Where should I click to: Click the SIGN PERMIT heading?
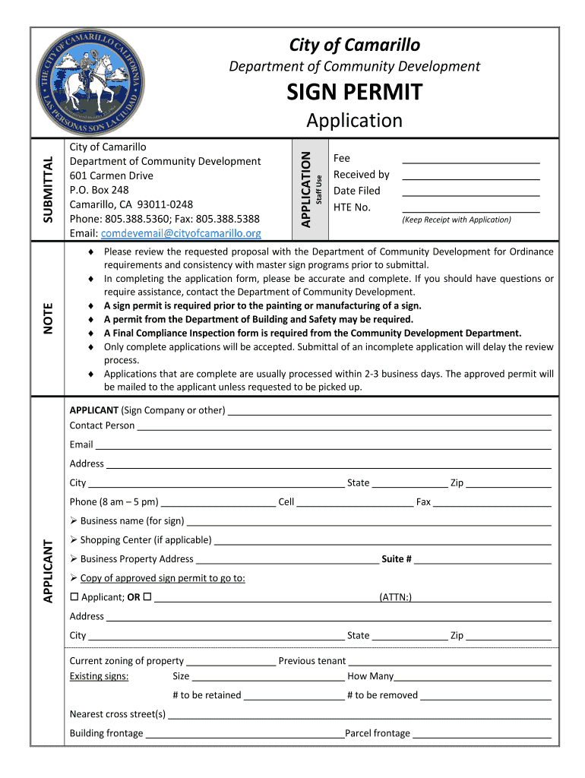point(354,93)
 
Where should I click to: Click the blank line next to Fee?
point(470,159)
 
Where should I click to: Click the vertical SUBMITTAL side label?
point(48,189)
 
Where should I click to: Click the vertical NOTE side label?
point(48,318)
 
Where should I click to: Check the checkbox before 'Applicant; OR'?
point(74,597)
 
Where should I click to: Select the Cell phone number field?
point(355,502)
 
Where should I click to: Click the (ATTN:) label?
point(395,598)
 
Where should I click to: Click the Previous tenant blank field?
point(449,661)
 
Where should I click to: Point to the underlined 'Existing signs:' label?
point(99,676)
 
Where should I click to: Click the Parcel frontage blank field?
point(482,734)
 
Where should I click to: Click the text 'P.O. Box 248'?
point(99,190)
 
